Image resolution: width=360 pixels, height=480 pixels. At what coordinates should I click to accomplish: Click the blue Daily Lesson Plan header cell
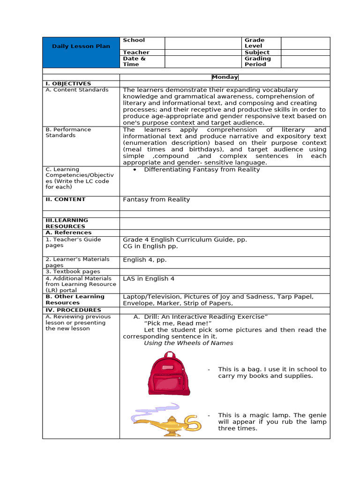81,46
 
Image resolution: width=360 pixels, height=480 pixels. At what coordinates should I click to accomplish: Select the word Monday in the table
225,77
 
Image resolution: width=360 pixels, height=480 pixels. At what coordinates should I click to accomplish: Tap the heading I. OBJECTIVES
68,83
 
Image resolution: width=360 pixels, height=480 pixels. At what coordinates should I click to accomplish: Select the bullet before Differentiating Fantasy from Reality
135,170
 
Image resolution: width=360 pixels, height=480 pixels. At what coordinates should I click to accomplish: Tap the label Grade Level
255,43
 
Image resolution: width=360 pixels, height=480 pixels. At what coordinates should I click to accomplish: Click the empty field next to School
202,43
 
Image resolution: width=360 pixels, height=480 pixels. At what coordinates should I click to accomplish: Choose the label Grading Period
257,61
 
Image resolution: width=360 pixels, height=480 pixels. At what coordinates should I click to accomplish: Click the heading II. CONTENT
66,199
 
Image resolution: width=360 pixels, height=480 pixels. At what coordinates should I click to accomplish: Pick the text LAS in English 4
149,278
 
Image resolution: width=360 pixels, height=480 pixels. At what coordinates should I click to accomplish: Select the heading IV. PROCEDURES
73,310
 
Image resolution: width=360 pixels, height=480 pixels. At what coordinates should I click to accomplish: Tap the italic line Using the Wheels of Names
188,343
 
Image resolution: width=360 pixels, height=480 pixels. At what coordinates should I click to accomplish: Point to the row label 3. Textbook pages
73,271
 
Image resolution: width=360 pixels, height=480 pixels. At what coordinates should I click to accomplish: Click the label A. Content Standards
77,90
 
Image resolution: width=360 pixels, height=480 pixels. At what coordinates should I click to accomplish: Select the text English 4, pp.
144,260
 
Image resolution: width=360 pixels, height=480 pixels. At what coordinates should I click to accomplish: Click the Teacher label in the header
136,52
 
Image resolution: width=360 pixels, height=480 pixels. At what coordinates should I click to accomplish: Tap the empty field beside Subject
305,52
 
